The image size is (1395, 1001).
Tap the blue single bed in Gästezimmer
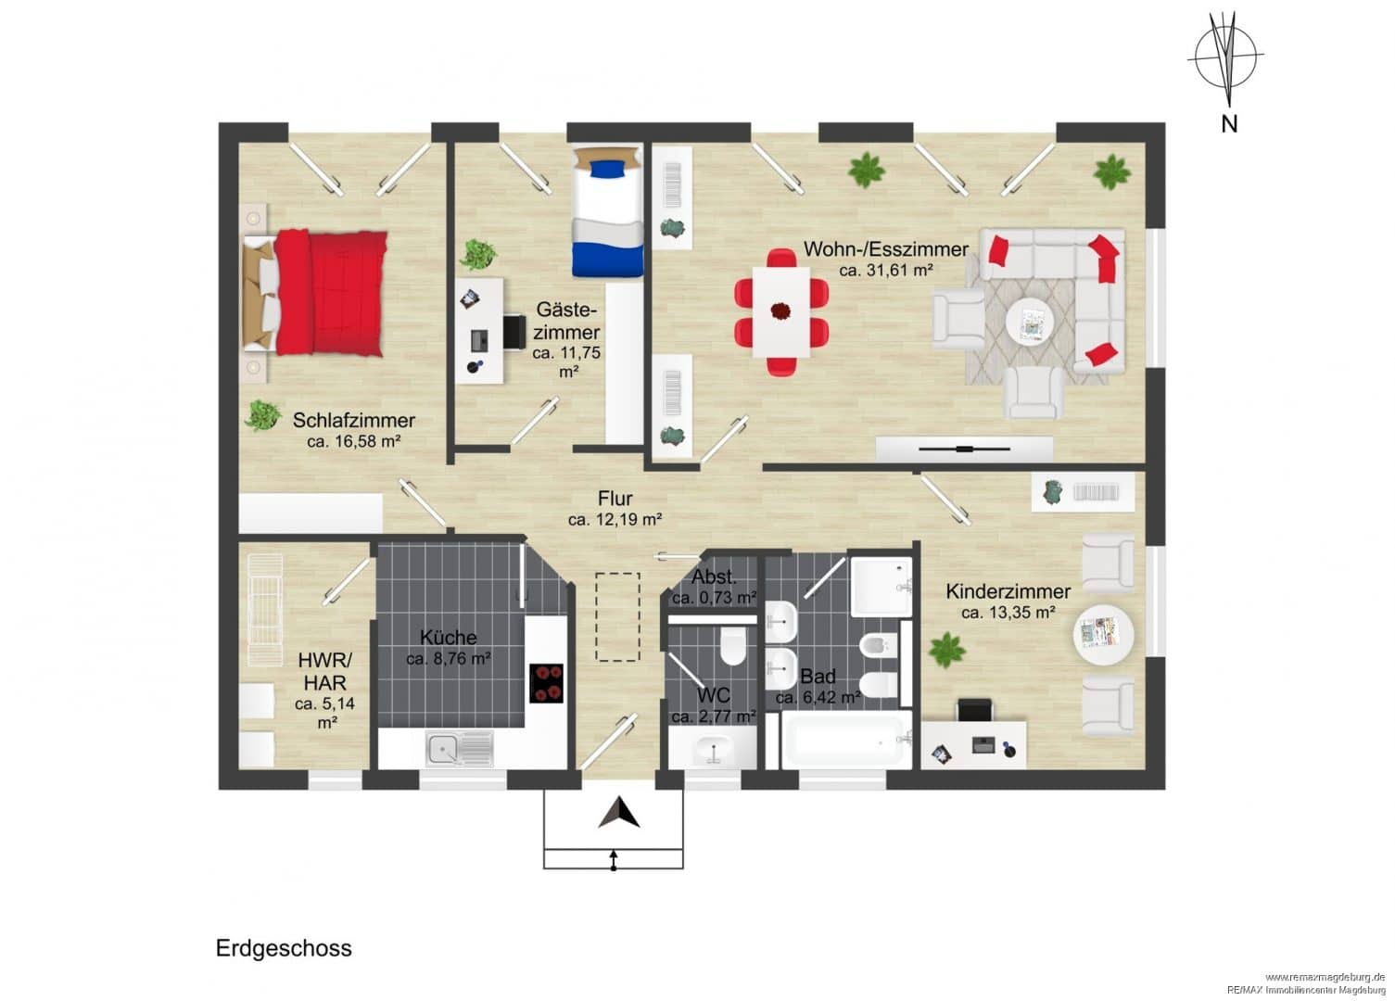607,212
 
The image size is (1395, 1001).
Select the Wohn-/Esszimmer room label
885,249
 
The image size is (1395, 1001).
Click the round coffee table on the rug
1030,322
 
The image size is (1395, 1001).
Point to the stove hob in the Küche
546,683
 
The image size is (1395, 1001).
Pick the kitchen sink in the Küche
459,748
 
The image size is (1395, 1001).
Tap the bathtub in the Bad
845,741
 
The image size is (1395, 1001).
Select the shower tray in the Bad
881,587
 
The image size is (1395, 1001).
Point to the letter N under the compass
1229,124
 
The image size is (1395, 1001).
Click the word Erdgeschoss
284,947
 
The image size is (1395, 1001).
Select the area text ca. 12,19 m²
615,519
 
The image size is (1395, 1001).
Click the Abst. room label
715,577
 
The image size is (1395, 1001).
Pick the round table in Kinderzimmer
1104,635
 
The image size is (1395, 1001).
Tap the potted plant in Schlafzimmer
263,415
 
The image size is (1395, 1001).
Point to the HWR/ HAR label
325,671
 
